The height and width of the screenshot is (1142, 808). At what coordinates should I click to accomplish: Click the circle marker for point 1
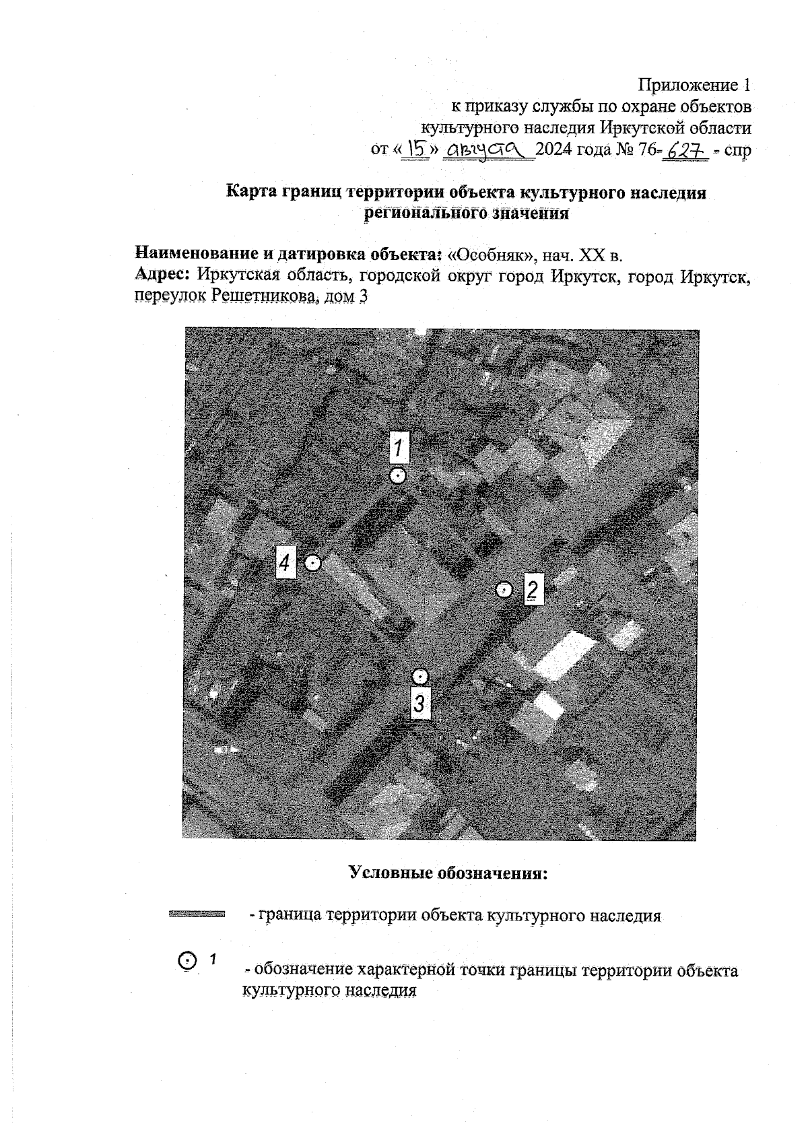coord(398,475)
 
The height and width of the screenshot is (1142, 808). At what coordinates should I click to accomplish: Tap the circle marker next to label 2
coord(504,590)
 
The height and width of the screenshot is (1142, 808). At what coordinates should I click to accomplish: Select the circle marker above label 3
coord(420,676)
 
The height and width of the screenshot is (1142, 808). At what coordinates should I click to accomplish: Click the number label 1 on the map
coord(400,447)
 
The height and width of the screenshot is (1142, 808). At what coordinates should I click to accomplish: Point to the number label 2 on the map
coord(533,591)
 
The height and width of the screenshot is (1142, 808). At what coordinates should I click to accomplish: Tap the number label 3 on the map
coord(420,704)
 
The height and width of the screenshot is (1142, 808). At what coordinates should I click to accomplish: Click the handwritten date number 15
coord(417,149)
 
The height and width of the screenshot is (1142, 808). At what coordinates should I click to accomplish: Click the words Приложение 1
coord(694,86)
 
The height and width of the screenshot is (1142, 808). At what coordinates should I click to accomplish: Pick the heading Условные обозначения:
coord(448,873)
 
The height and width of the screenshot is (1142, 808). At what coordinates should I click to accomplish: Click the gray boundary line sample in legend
coord(196,914)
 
